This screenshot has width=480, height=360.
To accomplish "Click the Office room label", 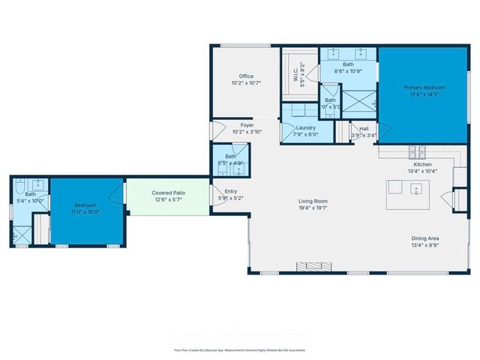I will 246,76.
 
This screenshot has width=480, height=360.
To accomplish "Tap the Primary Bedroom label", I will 421,88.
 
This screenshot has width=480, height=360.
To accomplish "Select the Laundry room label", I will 305,127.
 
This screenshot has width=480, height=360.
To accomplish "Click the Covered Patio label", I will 169,193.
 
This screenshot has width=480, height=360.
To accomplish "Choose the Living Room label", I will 313,201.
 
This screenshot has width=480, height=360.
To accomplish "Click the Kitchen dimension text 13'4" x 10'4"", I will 421,172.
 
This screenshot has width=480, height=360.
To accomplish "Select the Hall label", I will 364,128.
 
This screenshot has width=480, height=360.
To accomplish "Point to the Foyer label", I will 247,124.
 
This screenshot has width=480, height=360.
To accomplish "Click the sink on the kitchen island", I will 415,187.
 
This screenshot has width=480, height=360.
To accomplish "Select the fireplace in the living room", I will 312,266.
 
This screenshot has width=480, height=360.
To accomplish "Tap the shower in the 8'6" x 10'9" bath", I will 357,100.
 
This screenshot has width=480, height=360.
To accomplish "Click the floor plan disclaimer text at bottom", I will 239,349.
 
